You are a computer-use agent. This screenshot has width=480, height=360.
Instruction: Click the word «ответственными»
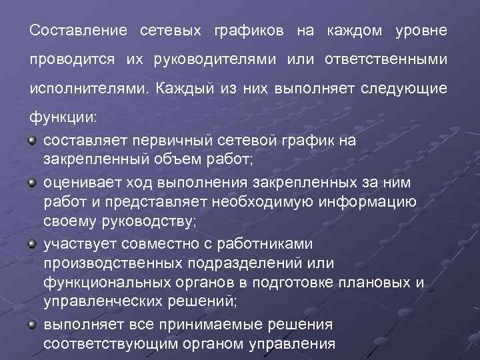click(386, 59)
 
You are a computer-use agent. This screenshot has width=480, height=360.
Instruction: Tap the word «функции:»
click(63, 117)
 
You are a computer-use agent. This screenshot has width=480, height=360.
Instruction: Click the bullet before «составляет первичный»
click(33, 140)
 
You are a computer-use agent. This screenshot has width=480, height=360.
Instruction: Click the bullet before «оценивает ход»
click(33, 181)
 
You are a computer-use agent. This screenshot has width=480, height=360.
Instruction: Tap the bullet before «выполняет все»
click(33, 324)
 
